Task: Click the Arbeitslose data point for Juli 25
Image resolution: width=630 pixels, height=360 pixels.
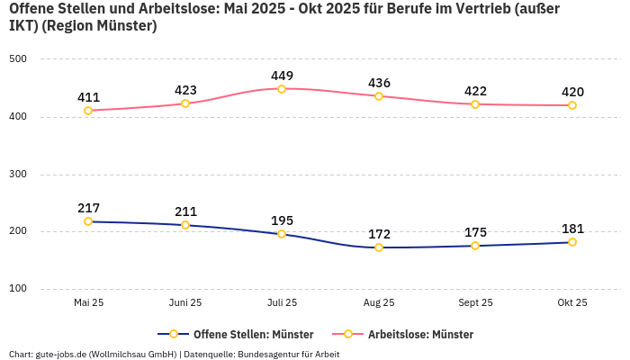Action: pyautogui.click(x=282, y=88)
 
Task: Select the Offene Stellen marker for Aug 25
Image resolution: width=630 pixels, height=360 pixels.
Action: pyautogui.click(x=379, y=247)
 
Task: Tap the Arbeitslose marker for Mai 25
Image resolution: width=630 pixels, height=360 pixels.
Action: pyautogui.click(x=88, y=111)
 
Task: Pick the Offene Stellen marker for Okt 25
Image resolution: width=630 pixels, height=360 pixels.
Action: pyautogui.click(x=571, y=242)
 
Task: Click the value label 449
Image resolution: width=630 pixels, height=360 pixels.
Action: pyautogui.click(x=282, y=76)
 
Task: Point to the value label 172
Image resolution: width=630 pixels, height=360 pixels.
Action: pyautogui.click(x=379, y=234)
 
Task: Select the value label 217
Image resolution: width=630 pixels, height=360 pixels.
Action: pyautogui.click(x=88, y=208)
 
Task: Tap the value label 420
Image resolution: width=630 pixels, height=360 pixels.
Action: pyautogui.click(x=571, y=92)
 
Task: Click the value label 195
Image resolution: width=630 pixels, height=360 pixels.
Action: pyautogui.click(x=282, y=220)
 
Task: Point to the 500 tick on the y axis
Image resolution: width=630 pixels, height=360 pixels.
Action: pyautogui.click(x=18, y=59)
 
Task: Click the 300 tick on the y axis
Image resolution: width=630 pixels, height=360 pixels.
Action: pyautogui.click(x=18, y=174)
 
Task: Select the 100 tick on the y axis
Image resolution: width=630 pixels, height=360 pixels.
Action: pyautogui.click(x=18, y=289)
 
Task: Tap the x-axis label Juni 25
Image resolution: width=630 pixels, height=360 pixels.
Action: pyautogui.click(x=185, y=302)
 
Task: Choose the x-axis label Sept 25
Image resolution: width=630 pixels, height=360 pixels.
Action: pyautogui.click(x=475, y=302)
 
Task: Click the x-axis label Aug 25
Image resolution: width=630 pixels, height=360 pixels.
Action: pyautogui.click(x=379, y=302)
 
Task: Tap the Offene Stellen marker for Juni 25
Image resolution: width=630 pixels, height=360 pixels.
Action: pyautogui.click(x=185, y=225)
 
